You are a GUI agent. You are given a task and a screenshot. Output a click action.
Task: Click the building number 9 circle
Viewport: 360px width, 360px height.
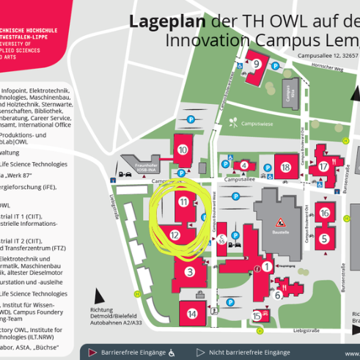(x=256, y=63)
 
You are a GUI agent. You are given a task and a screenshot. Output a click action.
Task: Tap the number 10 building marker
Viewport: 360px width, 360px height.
(x=183, y=150)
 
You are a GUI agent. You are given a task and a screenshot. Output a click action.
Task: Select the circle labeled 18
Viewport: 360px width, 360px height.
(x=285, y=167)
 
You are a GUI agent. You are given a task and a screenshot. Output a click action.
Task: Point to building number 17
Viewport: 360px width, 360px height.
(x=323, y=166)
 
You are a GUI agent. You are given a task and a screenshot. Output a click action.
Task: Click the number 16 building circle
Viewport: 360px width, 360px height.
(x=324, y=213)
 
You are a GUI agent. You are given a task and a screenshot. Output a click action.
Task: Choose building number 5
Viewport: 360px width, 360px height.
(x=324, y=238)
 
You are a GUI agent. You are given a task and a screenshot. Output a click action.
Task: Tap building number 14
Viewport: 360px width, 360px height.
(x=192, y=314)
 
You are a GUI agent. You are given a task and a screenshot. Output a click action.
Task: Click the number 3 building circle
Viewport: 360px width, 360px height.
(x=190, y=272)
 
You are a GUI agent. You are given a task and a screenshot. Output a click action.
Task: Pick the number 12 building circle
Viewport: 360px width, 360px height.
(x=175, y=235)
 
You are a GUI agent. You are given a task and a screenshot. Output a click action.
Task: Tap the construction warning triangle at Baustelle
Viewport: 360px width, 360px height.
(x=279, y=221)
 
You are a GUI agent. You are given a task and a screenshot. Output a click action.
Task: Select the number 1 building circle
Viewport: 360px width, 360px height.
(x=268, y=266)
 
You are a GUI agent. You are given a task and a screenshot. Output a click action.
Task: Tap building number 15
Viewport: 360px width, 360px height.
(x=257, y=316)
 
